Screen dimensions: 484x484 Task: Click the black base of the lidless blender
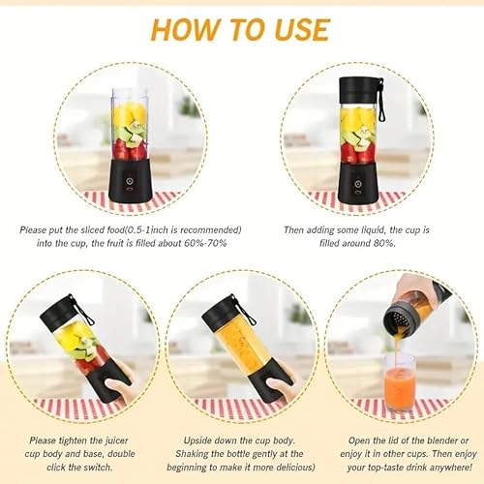pos(130,180)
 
